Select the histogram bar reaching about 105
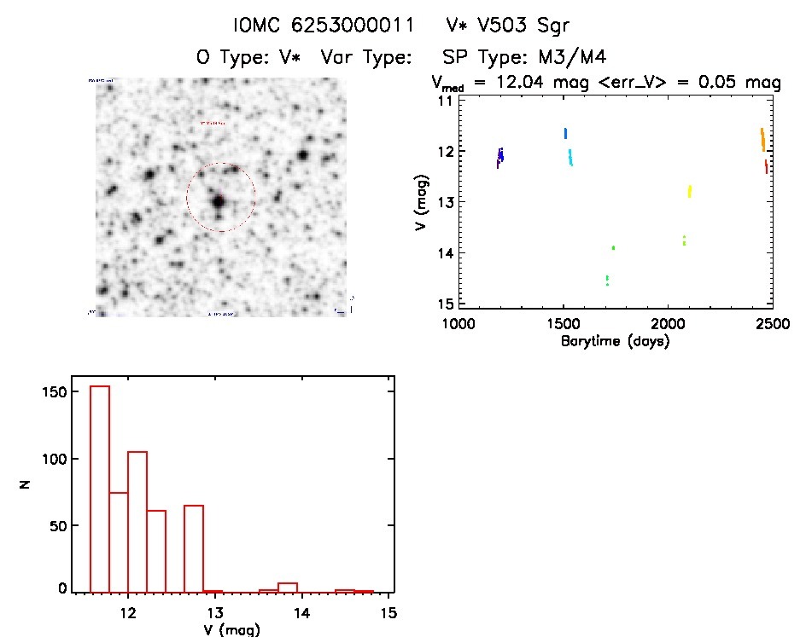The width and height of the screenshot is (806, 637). click(x=137, y=520)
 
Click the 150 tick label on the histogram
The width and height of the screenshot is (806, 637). click(x=54, y=391)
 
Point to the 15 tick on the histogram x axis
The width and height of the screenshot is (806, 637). click(x=388, y=613)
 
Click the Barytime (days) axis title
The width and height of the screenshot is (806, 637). click(x=615, y=341)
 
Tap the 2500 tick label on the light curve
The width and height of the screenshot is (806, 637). click(x=772, y=324)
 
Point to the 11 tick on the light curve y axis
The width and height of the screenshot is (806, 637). click(x=445, y=101)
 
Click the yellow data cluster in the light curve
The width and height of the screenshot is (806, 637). click(x=689, y=191)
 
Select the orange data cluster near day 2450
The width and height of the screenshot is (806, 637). click(x=762, y=139)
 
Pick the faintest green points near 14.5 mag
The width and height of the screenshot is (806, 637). click(x=607, y=280)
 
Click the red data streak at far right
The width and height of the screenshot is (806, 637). click(x=767, y=166)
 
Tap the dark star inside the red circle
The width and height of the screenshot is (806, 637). click(x=219, y=201)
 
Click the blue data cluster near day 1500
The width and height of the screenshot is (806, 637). click(x=565, y=133)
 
